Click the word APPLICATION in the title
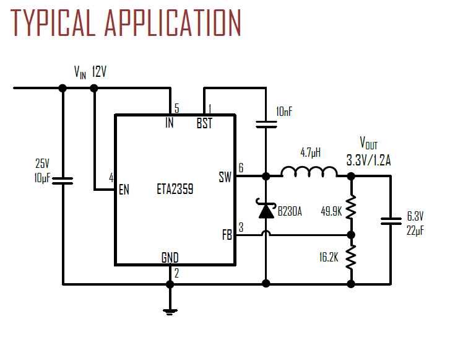[173, 24]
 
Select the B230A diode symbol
[266, 211]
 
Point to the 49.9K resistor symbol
[350, 208]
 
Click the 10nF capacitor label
[285, 112]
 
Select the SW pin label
[225, 177]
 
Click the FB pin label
[227, 235]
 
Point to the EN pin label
[124, 190]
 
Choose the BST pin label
[204, 123]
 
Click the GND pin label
[170, 258]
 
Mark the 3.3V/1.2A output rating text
[368, 160]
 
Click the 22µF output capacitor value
[415, 230]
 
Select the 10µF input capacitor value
[43, 178]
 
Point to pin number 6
[241, 167]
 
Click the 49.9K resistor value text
[331, 211]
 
